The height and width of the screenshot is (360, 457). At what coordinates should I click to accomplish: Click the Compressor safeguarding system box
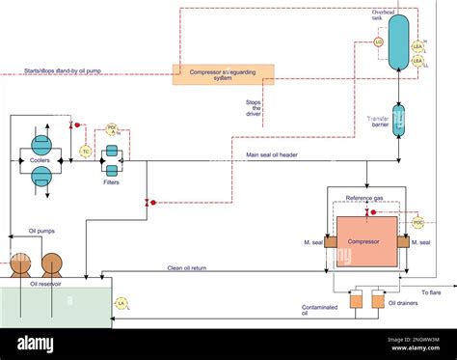[x=223, y=74]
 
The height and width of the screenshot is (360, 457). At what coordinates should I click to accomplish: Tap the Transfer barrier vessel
[x=398, y=120]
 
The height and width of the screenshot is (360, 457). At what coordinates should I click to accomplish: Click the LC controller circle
[x=378, y=42]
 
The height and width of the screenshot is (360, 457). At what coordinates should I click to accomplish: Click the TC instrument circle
[x=85, y=152]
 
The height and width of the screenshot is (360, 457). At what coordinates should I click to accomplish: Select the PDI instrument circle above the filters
[x=112, y=128]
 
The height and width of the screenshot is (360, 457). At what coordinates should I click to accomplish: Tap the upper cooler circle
[x=41, y=140]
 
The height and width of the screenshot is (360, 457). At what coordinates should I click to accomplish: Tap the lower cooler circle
[x=41, y=175]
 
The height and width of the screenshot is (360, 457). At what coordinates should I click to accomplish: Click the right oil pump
[x=51, y=263]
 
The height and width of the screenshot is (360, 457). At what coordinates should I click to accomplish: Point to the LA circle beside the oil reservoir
[x=121, y=303]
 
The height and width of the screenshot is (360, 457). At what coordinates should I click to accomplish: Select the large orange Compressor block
[x=365, y=241]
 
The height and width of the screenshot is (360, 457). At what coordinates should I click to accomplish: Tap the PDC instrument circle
[x=417, y=222]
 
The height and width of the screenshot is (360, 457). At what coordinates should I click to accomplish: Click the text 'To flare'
[x=433, y=291]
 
